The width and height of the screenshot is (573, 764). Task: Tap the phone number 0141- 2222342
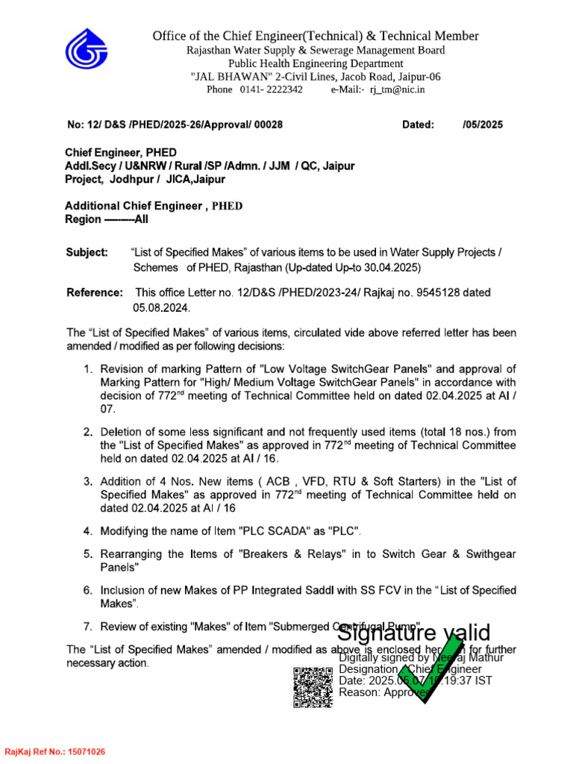271,90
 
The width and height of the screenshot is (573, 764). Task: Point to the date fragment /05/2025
483,125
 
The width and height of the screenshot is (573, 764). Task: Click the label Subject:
87,253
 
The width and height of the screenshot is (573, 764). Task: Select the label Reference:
95,292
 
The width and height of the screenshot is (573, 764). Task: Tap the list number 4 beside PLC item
87,531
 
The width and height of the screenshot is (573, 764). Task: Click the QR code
312,686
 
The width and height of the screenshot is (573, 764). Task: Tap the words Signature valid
414,633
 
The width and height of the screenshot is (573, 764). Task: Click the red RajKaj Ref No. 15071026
55,751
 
